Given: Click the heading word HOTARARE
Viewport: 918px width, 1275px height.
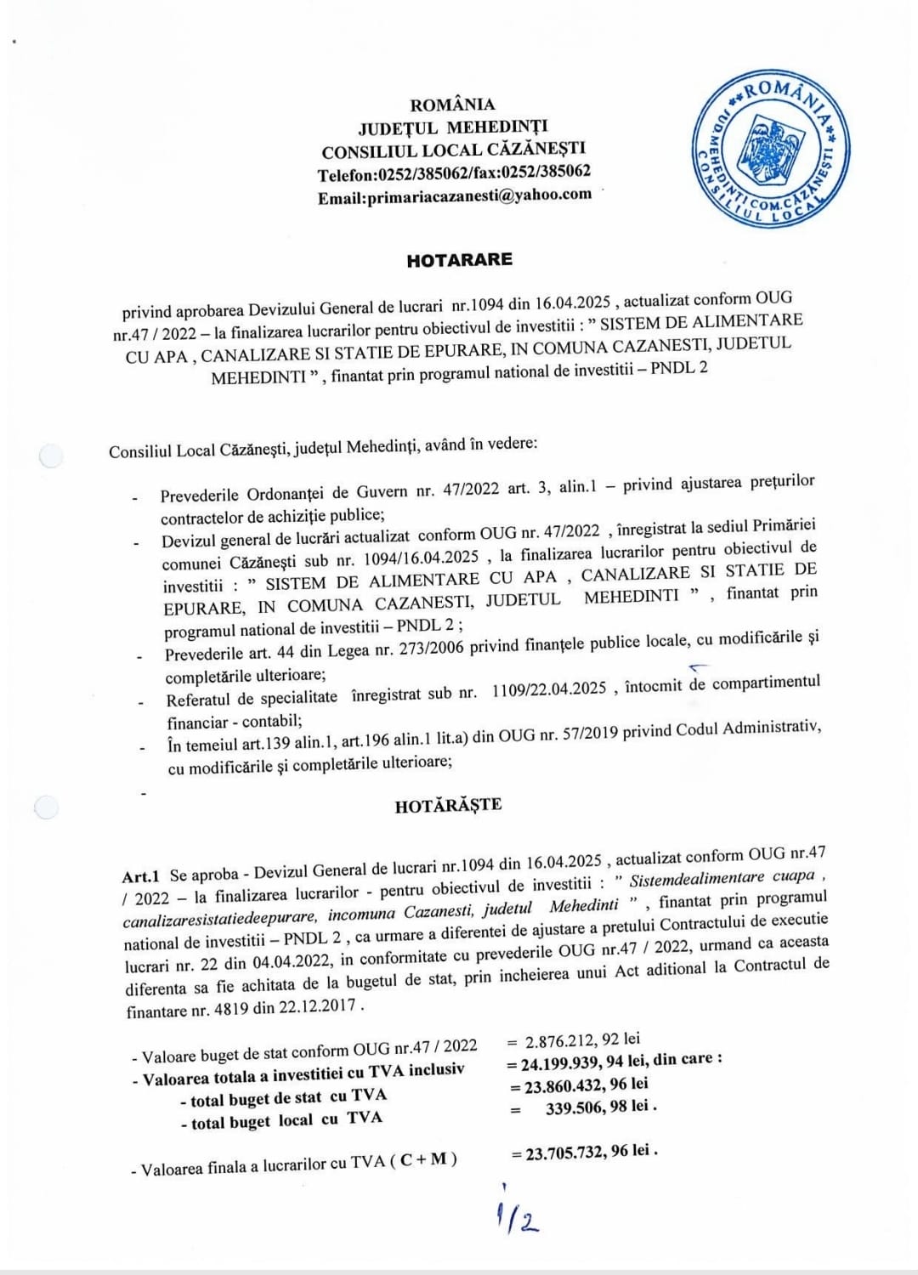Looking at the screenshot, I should (x=459, y=260).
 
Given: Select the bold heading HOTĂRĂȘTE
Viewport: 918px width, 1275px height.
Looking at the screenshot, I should (x=448, y=805).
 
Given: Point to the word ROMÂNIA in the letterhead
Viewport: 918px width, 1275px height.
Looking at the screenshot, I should (x=452, y=105).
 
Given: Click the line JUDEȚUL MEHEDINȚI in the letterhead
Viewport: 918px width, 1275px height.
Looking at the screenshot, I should (x=453, y=127).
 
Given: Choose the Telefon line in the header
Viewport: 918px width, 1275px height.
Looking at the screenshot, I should (x=454, y=173).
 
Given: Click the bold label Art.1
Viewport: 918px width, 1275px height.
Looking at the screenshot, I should (x=140, y=876).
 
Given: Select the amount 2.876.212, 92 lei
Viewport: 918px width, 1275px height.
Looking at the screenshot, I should (x=582, y=1040).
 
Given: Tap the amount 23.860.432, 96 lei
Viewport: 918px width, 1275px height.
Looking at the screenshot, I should (x=586, y=1085).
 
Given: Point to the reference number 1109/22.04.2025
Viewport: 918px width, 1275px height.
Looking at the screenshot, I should (x=548, y=688).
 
